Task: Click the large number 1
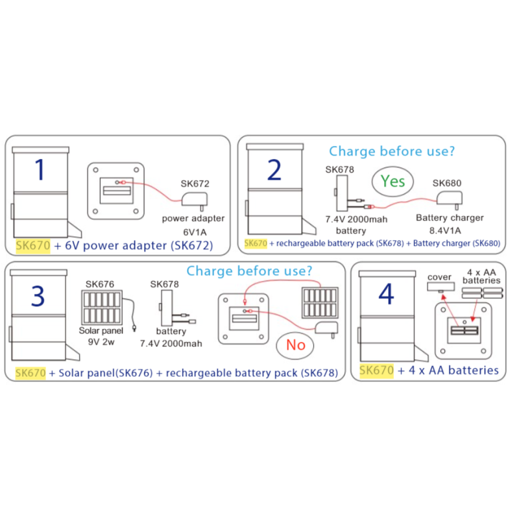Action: (40, 169)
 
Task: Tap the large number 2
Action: (274, 171)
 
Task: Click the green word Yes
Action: (392, 181)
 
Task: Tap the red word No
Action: (295, 344)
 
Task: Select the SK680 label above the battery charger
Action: (447, 184)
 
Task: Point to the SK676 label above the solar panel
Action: (100, 284)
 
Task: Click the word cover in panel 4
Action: (440, 277)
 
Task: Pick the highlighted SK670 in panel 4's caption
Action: (376, 370)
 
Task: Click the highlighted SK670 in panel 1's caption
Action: (32, 246)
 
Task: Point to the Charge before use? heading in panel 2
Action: (391, 151)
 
